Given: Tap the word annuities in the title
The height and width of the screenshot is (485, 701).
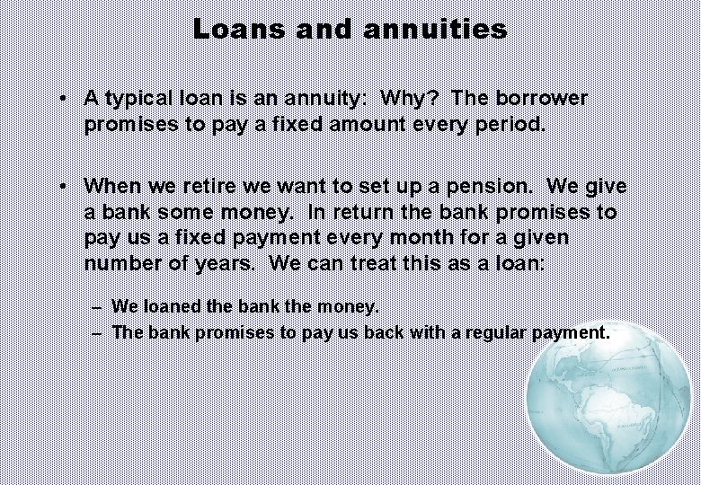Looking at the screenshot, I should pyautogui.click(x=436, y=30).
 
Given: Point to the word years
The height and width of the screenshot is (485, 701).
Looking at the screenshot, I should pyautogui.click(x=219, y=264).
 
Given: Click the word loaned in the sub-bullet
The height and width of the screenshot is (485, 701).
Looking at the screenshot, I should pyautogui.click(x=173, y=307).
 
